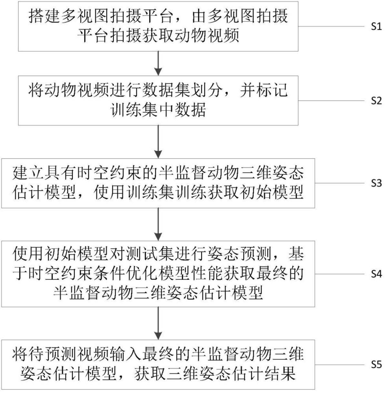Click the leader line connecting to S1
(332, 26)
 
